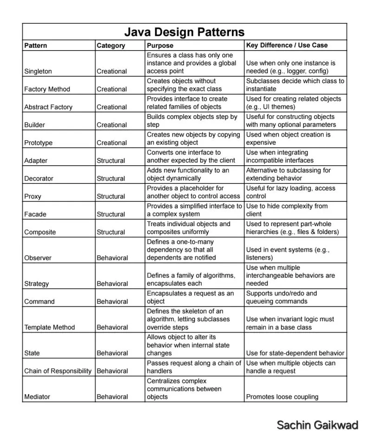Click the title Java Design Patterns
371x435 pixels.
184,32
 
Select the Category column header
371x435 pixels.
111,45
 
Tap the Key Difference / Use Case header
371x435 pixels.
287,45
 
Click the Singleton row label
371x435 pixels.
38,71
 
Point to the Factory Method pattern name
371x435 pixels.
47,89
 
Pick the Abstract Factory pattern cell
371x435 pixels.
48,107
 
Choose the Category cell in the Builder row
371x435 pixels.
112,125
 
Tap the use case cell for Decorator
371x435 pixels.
288,175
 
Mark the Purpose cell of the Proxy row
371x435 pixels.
193,192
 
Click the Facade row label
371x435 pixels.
35,214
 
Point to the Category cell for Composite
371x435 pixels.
111,232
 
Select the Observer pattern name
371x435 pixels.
38,258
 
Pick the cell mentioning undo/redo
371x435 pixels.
281,298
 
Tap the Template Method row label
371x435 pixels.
49,327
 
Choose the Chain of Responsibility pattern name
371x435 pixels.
58,371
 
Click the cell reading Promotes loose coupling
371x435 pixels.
282,397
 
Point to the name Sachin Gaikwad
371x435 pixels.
317,425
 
